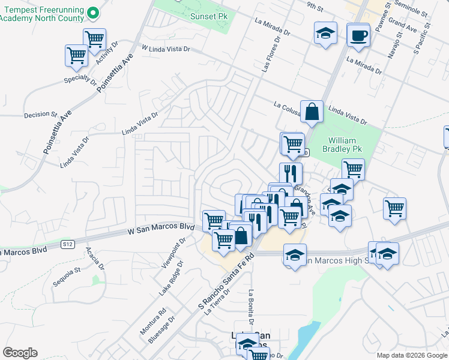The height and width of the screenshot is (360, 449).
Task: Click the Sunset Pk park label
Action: tap(206, 16)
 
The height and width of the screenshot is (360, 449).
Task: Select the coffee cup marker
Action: tap(358, 35)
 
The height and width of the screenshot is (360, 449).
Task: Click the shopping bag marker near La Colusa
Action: tap(312, 112)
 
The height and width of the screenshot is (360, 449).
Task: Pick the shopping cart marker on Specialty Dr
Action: tap(76, 55)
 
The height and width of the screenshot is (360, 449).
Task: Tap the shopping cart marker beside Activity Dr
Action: tap(94, 39)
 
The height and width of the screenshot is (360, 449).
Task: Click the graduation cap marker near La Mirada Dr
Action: tap(325, 33)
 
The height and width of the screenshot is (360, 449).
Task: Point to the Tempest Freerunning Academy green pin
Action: tap(92, 12)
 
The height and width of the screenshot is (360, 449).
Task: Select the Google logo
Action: tap(20, 353)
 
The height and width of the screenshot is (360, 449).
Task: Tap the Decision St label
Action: tap(40, 114)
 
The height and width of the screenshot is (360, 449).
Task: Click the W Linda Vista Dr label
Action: tap(165, 47)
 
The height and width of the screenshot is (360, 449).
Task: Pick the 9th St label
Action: tap(314, 5)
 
